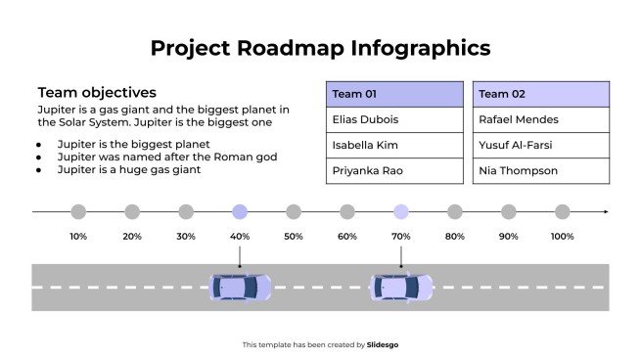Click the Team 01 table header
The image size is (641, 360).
click(394, 94)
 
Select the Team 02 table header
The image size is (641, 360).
click(541, 94)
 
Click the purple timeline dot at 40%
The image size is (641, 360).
click(240, 211)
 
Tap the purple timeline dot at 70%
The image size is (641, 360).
click(401, 211)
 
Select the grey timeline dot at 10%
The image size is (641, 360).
click(78, 211)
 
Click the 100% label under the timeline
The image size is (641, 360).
click(562, 237)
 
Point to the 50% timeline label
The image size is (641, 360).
click(294, 237)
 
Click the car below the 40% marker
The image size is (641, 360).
click(240, 287)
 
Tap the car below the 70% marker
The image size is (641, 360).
click(401, 287)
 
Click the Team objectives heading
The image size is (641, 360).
click(97, 93)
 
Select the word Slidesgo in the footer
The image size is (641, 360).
click(383, 344)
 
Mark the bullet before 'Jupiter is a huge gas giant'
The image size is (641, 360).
click(38, 170)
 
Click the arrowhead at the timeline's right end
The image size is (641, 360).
click(605, 211)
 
